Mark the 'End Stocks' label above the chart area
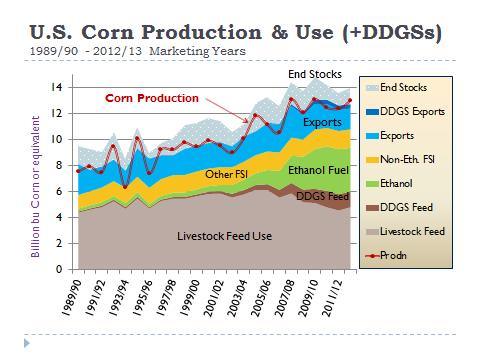pos(314,75)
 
